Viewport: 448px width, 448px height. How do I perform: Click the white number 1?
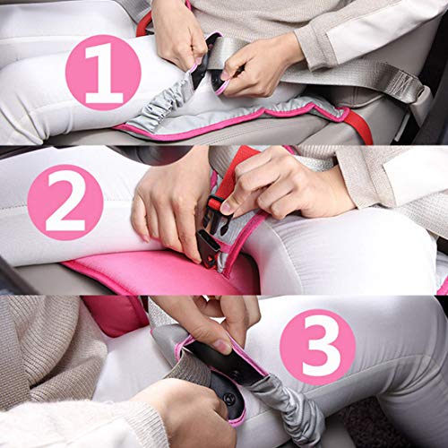pos(103,73)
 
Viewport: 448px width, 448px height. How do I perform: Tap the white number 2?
pos(66,202)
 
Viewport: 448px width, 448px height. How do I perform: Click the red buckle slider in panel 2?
pos(214,203)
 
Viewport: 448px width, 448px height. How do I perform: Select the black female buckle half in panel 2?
pos(208,248)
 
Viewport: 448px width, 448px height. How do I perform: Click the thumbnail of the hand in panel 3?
pos(222,346)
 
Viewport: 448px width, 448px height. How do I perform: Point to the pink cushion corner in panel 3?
pos(115,315)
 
